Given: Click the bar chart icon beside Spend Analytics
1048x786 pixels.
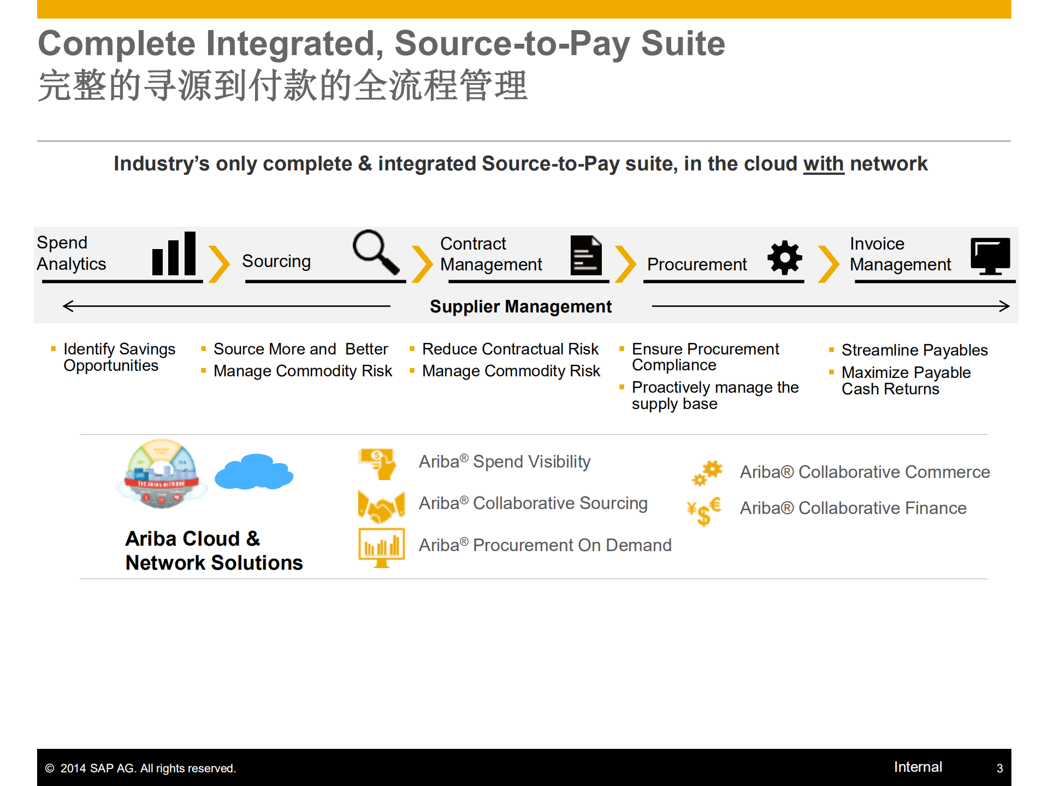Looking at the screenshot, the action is tap(174, 253).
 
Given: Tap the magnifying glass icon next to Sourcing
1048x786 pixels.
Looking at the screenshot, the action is tap(376, 252).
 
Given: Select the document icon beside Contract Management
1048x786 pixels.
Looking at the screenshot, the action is tap(586, 255).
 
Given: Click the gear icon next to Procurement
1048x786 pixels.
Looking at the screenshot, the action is tap(785, 257).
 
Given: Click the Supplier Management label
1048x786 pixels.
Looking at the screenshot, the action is tap(520, 306).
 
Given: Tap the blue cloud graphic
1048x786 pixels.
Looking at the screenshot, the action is tap(254, 471).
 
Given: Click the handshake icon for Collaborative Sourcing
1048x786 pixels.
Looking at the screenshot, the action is tap(381, 506).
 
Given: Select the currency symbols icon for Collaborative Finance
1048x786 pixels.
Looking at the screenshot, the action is tap(704, 511).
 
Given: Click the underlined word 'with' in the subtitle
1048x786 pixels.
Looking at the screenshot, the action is tap(824, 164).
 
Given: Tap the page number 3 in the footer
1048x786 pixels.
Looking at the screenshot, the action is tap(999, 768).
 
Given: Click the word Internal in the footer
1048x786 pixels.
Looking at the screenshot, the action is tap(918, 767).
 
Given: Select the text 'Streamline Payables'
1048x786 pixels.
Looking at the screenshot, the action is tap(915, 350).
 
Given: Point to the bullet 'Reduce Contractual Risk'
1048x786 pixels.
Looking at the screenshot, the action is tap(510, 348).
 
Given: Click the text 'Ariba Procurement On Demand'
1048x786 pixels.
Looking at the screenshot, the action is tap(545, 545).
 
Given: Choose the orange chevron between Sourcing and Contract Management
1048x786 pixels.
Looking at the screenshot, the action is tap(422, 264).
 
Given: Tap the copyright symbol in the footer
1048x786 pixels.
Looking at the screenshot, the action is tap(50, 769).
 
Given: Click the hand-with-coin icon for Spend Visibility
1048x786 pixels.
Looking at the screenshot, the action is tap(377, 464).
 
